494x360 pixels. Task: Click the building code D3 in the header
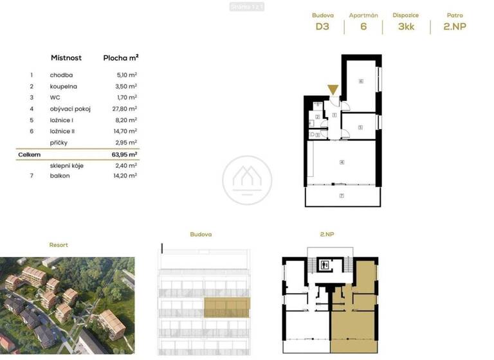[322, 27]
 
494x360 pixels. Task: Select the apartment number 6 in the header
[363, 27]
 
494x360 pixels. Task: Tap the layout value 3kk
[407, 27]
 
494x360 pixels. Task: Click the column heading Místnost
[66, 58]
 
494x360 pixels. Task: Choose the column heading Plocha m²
[121, 58]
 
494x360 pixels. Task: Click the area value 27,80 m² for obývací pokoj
[123, 109]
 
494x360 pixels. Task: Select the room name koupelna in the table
[64, 85]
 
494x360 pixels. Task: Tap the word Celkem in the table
[30, 154]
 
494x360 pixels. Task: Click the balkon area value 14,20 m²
[123, 175]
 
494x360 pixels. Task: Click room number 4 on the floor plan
[342, 162]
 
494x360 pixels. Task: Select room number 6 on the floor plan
[361, 82]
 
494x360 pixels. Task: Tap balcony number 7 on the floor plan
[342, 195]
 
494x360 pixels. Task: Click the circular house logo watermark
[247, 180]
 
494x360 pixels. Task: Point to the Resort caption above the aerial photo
[59, 245]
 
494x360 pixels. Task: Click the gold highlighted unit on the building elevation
[227, 308]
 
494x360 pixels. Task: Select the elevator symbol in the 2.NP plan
[325, 264]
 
